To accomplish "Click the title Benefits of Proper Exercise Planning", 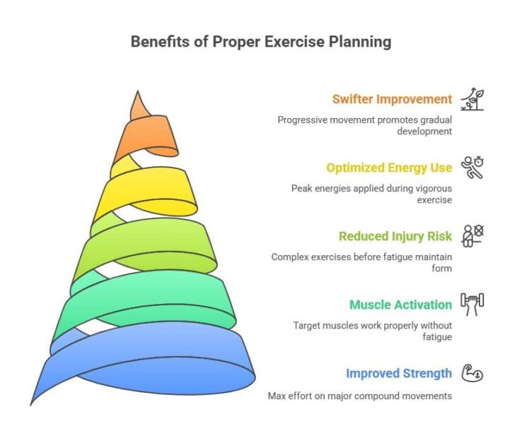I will click(x=260, y=42).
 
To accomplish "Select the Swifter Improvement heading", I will click(x=393, y=99).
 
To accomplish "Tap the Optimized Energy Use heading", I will click(x=388, y=167).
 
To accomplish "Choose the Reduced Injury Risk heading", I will click(x=395, y=236).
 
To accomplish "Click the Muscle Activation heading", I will click(x=400, y=305).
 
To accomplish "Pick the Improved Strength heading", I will click(x=398, y=373).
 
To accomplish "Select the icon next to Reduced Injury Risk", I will click(x=472, y=235).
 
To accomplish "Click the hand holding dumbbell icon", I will click(x=472, y=304).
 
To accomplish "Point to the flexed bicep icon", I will click(x=472, y=372).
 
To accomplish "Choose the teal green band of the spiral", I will click(x=141, y=304).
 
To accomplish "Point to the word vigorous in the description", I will click(x=424, y=188).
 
